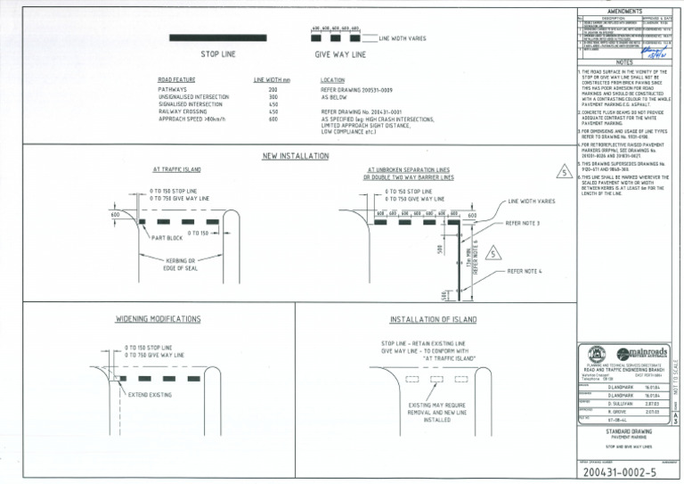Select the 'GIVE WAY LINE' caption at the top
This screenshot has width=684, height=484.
(x=340, y=54)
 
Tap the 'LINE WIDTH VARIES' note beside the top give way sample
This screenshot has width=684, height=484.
(x=402, y=39)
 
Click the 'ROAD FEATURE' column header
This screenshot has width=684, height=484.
(x=176, y=80)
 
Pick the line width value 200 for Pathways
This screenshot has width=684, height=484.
(x=273, y=90)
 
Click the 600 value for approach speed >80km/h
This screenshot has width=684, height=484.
(x=273, y=119)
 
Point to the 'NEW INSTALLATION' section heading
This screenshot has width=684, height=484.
(x=297, y=156)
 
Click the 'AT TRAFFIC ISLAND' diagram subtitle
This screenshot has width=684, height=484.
(x=175, y=169)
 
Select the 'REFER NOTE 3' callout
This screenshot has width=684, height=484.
(x=529, y=224)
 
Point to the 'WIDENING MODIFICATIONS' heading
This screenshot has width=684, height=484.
(x=159, y=318)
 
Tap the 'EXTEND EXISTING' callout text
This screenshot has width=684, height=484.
(x=151, y=393)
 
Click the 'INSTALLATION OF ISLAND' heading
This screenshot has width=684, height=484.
(x=433, y=319)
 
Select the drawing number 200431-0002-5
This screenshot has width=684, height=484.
(x=615, y=472)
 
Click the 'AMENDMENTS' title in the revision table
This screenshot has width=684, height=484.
(x=623, y=12)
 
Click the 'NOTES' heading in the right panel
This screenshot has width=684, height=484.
(x=623, y=62)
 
